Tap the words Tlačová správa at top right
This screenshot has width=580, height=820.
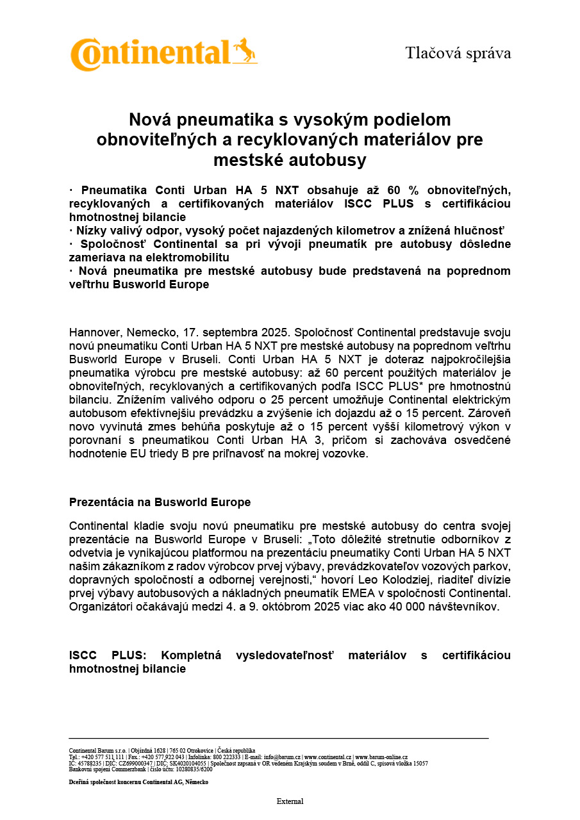click(x=458, y=53)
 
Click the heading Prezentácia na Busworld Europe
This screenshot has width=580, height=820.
click(x=160, y=502)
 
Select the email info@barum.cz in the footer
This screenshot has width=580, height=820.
click(x=282, y=757)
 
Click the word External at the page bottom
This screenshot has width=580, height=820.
click(x=290, y=801)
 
